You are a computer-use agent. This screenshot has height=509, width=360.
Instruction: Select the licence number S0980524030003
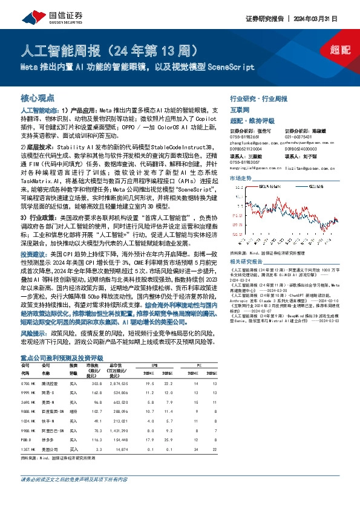[302, 148]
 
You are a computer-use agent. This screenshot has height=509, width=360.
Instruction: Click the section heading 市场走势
[241, 179]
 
